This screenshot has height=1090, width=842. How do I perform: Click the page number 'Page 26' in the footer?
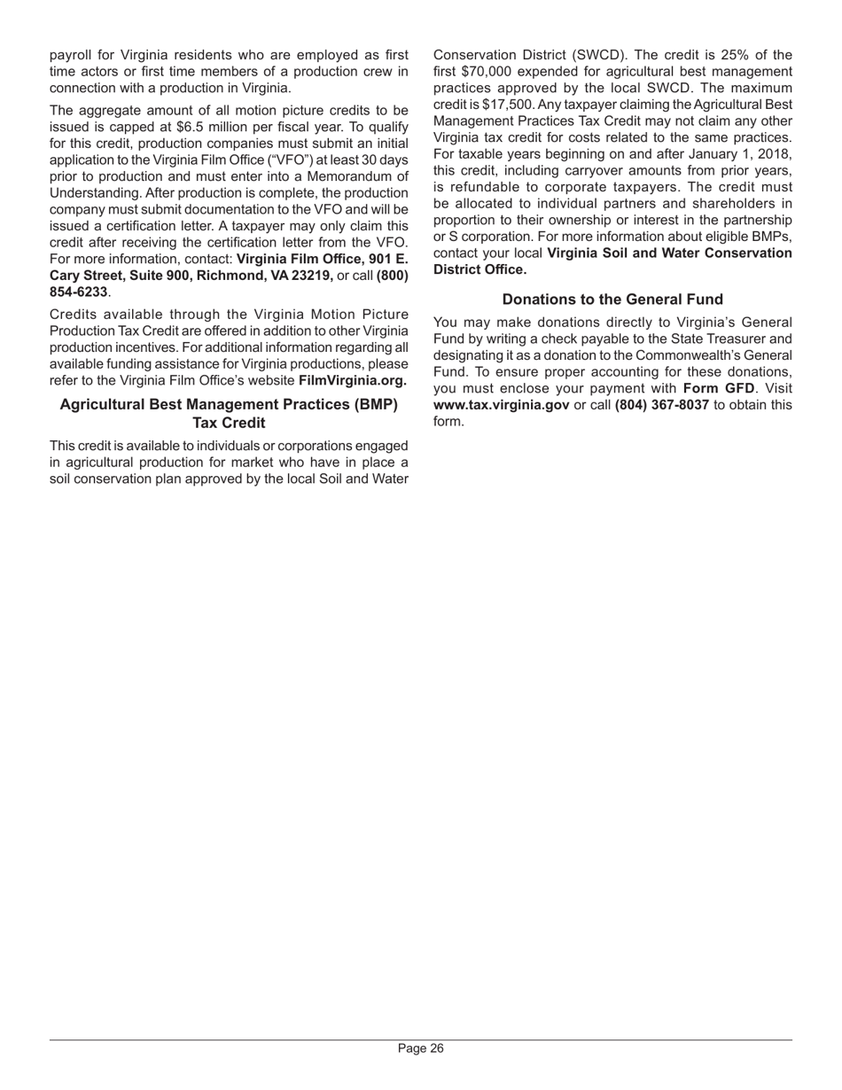(x=420, y=1048)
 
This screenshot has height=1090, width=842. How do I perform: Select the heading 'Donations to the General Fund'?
(x=612, y=300)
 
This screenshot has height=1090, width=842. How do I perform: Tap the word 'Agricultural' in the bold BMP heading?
(x=101, y=405)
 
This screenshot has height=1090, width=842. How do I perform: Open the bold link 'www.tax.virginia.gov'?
(x=501, y=405)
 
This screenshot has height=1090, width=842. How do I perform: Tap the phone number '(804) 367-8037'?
(x=661, y=405)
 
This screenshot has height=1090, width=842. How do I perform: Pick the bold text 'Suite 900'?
(x=154, y=276)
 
